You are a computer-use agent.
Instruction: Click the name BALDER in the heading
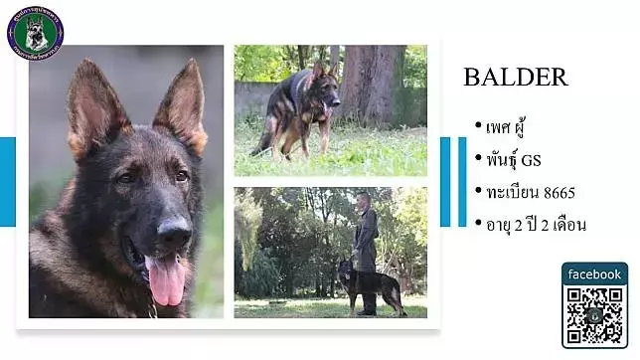pyautogui.click(x=515, y=78)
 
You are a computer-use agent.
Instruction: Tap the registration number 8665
pyautogui.click(x=560, y=192)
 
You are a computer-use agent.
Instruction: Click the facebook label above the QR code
pyautogui.click(x=594, y=274)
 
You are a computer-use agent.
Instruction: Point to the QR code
pyautogui.click(x=594, y=315)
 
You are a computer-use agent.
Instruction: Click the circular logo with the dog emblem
pyautogui.click(x=35, y=33)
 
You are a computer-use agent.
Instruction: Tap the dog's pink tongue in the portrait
pyautogui.click(x=165, y=280)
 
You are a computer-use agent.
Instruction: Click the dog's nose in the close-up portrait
pyautogui.click(x=175, y=234)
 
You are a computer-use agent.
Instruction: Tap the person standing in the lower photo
pyautogui.click(x=365, y=253)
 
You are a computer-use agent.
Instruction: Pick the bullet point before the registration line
pyautogui.click(x=478, y=190)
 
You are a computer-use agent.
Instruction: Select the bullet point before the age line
pyautogui.click(x=478, y=222)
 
